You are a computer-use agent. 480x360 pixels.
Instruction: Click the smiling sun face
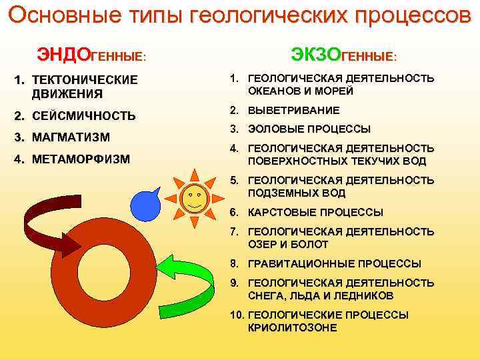tap(194, 199)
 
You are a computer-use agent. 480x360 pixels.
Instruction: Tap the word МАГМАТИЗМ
tap(71, 137)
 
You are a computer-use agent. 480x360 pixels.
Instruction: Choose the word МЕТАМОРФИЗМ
tap(81, 159)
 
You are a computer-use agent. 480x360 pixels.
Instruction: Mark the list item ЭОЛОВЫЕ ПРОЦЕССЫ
tap(309, 129)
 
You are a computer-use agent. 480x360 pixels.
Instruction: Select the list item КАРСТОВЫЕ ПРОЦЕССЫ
tap(315, 213)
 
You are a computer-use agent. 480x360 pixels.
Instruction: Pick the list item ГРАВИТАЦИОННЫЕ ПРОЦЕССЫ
tap(334, 263)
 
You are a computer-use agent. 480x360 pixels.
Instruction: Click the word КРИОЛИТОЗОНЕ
tap(293, 328)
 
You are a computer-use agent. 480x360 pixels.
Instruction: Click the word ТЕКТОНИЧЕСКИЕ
tap(85, 80)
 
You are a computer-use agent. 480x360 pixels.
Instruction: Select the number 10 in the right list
tap(235, 315)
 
